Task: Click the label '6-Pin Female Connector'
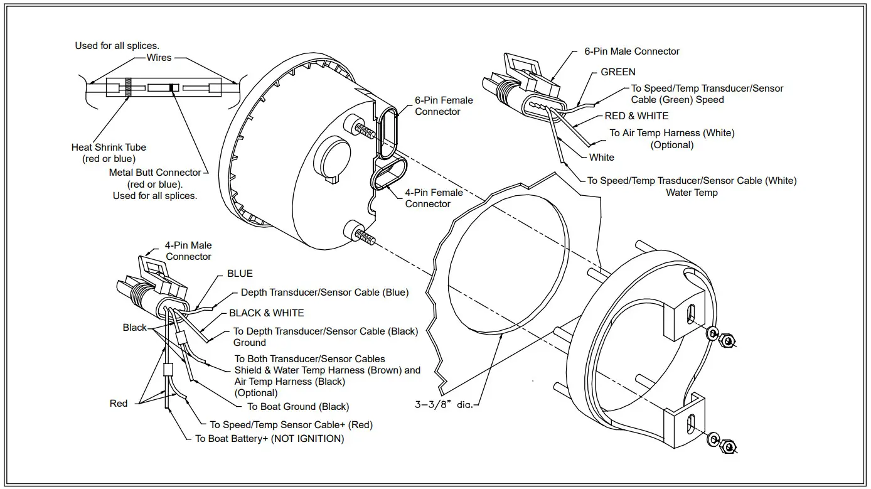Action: [444, 105]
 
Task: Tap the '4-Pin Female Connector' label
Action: [434, 198]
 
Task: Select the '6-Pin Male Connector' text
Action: [631, 51]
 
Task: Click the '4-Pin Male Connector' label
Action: [188, 251]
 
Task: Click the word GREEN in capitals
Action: [617, 72]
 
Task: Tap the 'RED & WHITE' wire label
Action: [636, 116]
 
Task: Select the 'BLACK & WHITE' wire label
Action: [266, 313]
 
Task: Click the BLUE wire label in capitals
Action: [240, 274]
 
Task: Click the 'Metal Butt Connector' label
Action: [155, 173]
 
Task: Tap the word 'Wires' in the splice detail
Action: [159, 58]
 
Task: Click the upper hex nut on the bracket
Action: [727, 341]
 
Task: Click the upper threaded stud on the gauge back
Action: [365, 129]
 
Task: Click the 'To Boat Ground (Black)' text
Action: [298, 407]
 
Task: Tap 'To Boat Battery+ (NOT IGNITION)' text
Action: [269, 439]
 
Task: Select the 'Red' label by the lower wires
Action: [119, 404]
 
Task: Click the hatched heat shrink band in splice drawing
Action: [127, 87]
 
